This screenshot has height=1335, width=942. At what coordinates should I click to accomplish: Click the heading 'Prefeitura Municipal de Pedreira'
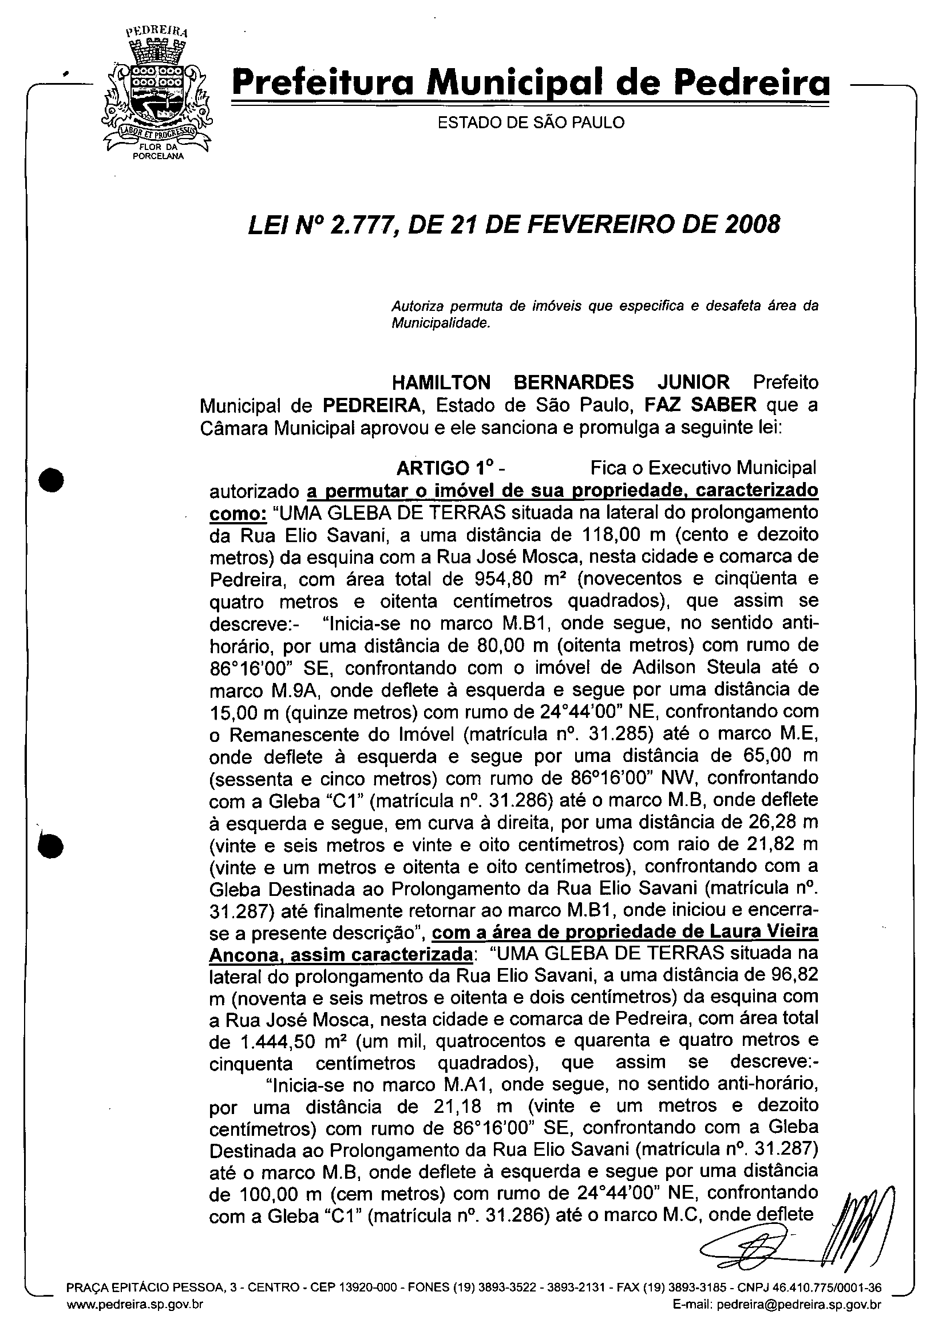(x=530, y=85)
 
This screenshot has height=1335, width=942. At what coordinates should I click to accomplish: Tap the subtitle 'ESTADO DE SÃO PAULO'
(x=531, y=123)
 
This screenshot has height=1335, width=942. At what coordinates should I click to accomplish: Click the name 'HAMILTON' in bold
(x=441, y=382)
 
